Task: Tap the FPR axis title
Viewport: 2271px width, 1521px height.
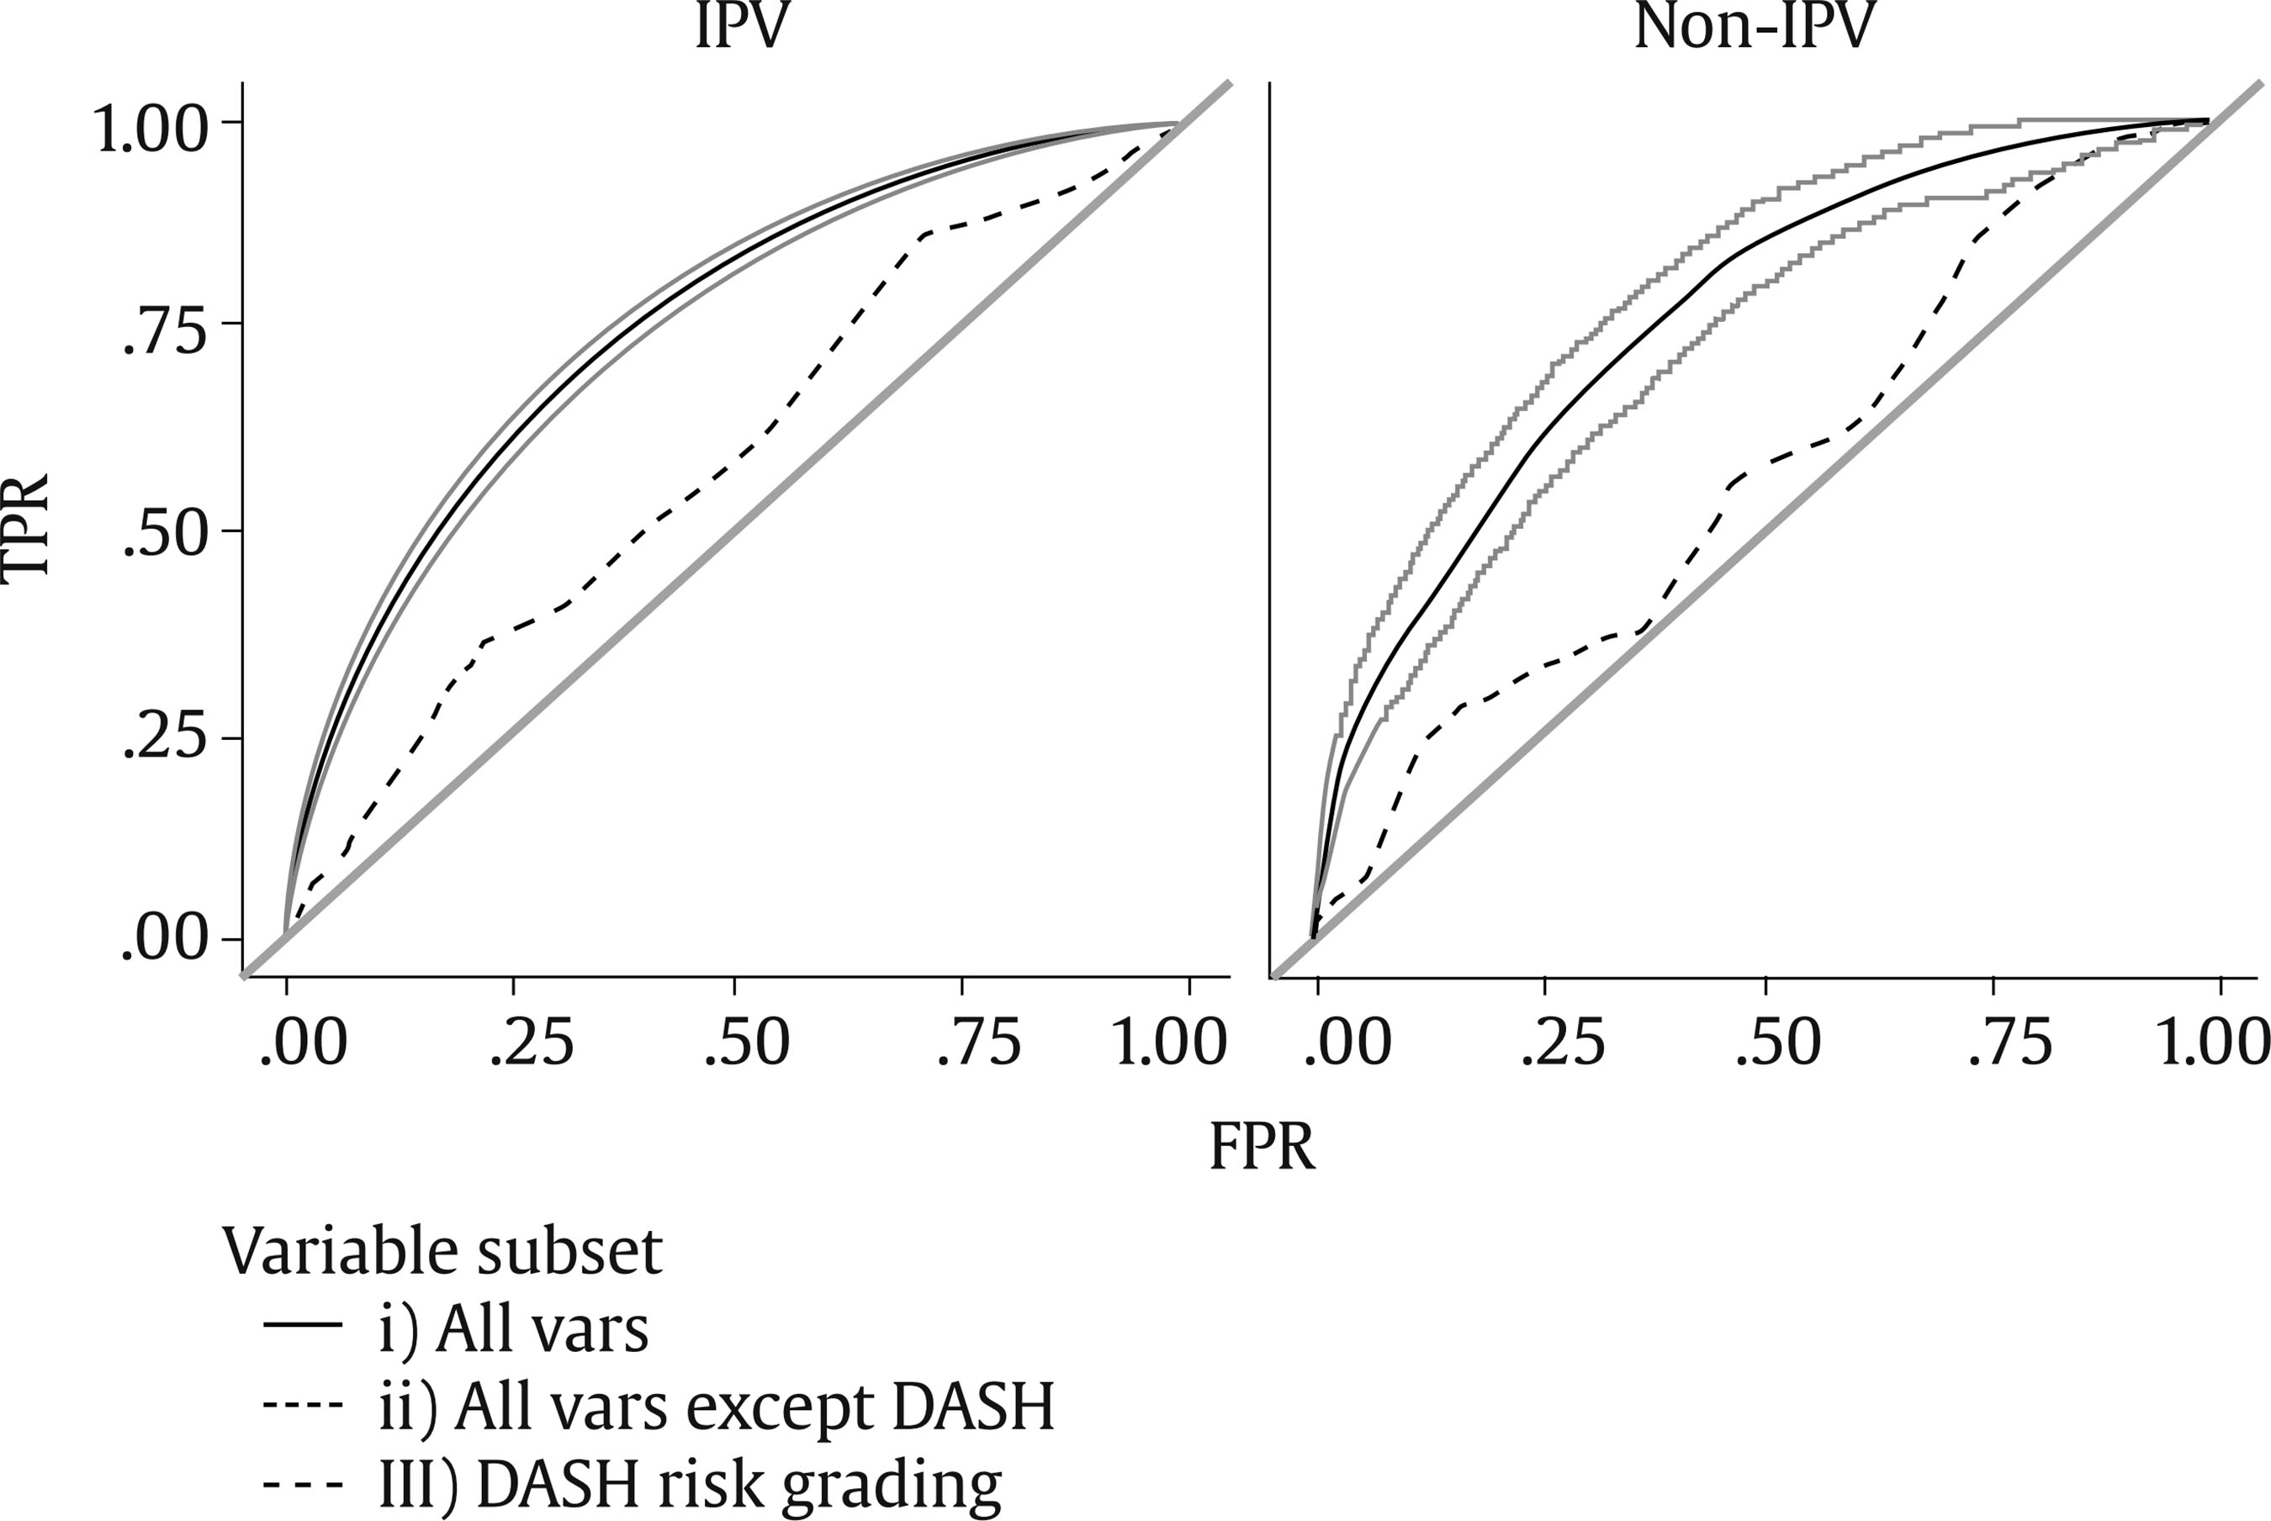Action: pyautogui.click(x=1263, y=1148)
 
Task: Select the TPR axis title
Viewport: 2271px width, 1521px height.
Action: pyautogui.click(x=27, y=530)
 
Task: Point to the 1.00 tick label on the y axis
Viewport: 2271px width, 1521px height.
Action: pyautogui.click(x=151, y=128)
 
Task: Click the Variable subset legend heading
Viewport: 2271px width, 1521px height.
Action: pyautogui.click(x=442, y=1252)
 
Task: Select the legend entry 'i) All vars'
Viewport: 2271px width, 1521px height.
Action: pyautogui.click(x=512, y=1330)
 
